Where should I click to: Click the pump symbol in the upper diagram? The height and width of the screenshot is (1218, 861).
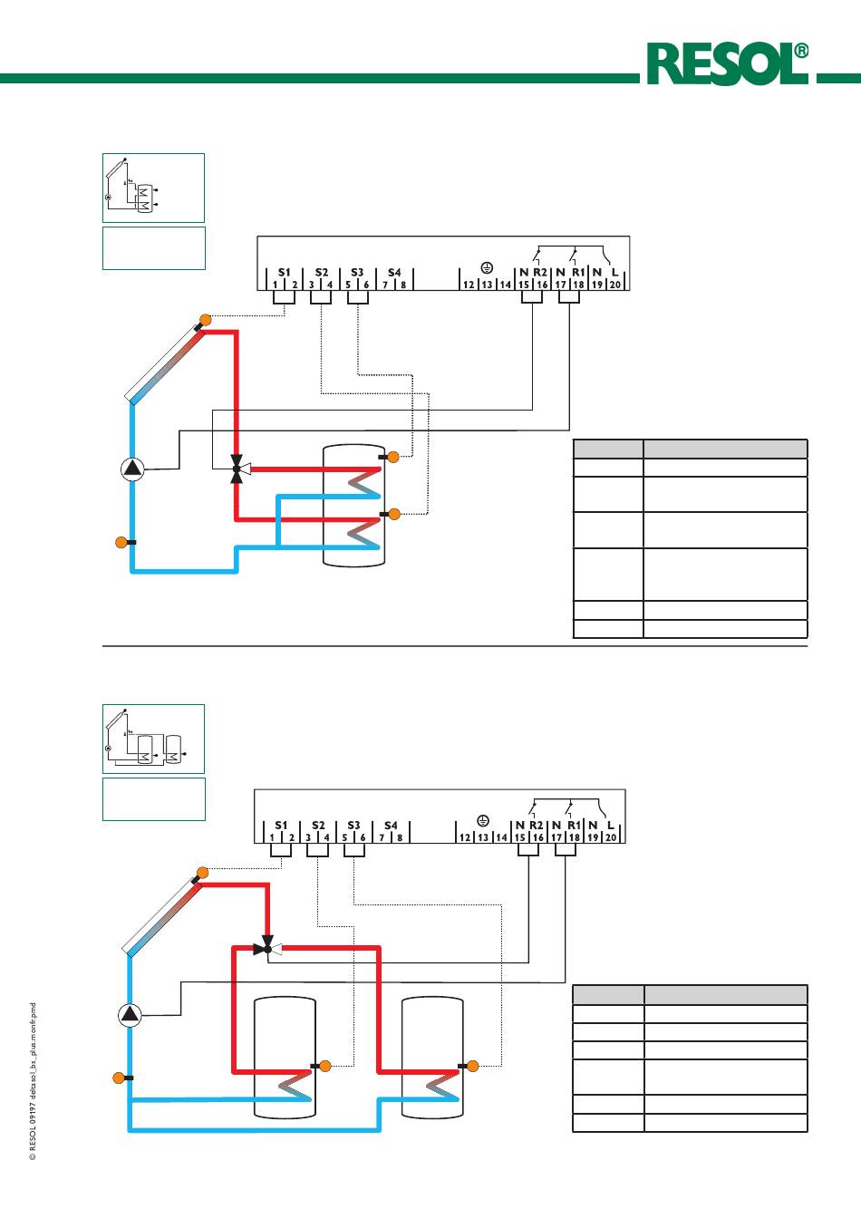point(132,469)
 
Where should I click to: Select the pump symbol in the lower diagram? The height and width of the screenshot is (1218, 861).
point(130,1015)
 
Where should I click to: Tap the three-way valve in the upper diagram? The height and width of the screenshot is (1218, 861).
point(237,469)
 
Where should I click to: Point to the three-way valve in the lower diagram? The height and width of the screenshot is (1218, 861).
point(267,949)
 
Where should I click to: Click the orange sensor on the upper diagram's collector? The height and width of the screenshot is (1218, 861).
point(205,319)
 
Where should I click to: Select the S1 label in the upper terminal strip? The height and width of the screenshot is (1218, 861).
point(285,272)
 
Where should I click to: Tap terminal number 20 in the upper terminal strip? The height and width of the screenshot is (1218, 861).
point(614,285)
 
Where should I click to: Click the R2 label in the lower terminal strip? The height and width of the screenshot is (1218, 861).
point(537,826)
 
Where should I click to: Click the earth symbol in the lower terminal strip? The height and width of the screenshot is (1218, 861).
point(483,821)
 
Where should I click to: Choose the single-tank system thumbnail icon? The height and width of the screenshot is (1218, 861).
point(153,188)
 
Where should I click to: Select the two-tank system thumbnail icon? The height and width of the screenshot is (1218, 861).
point(153,739)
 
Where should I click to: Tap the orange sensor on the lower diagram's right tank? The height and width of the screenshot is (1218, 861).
point(471,1066)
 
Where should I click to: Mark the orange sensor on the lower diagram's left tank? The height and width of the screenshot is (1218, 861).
point(325,1066)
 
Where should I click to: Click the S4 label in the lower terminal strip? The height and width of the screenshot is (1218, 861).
point(391,826)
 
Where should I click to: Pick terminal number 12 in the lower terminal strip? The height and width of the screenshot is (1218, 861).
point(465,838)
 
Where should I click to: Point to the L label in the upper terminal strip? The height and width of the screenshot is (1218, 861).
point(614,272)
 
